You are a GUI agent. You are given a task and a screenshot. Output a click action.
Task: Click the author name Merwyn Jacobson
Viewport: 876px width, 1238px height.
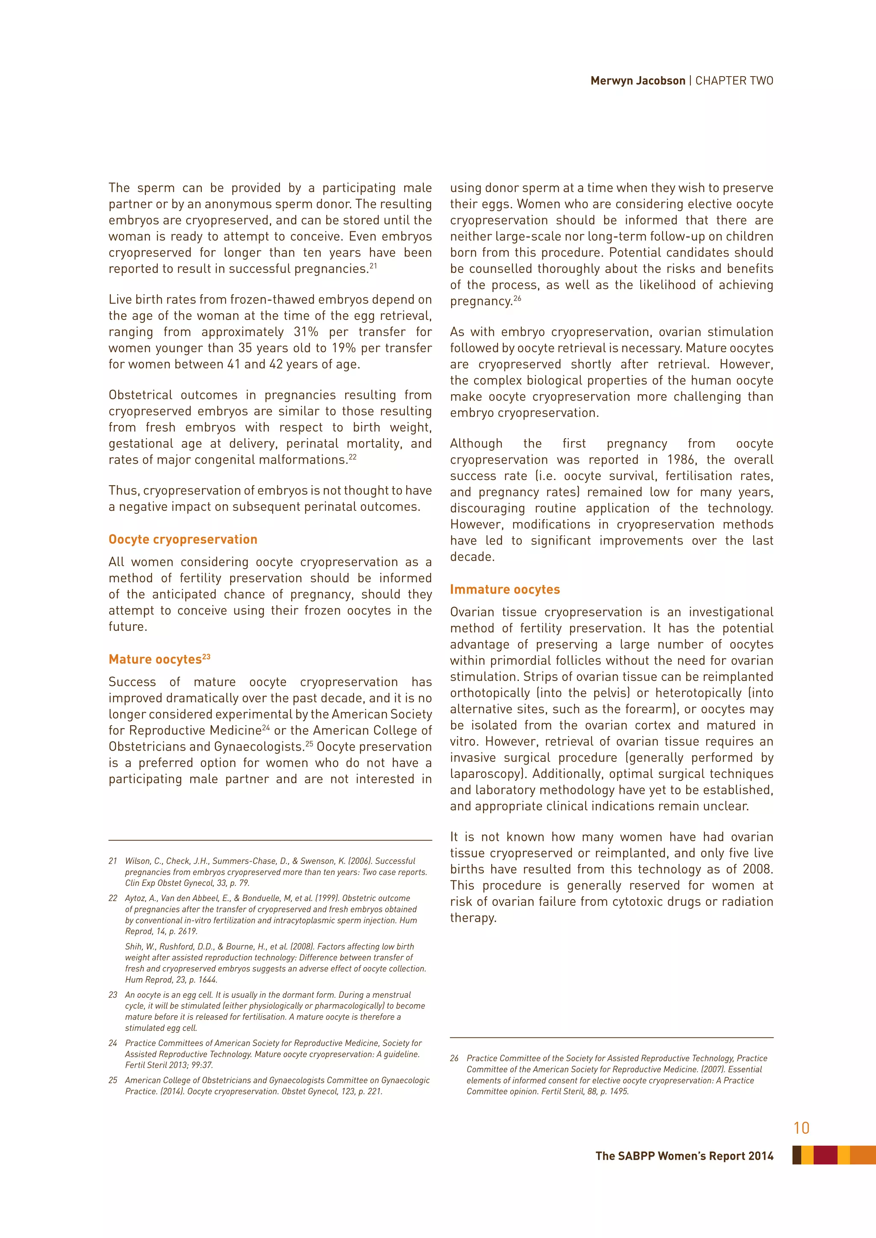click(638, 81)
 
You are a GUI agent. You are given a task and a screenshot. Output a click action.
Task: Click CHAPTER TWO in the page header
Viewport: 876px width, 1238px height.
click(734, 81)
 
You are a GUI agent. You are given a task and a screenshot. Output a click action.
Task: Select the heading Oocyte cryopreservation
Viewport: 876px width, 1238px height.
click(183, 540)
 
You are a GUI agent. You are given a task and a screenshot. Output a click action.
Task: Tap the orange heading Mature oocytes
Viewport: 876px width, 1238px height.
click(155, 660)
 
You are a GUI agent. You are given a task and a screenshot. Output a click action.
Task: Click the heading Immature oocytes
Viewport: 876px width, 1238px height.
click(505, 590)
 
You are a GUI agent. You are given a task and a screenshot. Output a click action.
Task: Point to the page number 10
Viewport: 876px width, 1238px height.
click(801, 1128)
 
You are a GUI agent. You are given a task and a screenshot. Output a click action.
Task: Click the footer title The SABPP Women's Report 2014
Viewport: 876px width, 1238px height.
click(684, 1156)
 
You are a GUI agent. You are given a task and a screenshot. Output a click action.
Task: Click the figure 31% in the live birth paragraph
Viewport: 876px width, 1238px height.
click(306, 332)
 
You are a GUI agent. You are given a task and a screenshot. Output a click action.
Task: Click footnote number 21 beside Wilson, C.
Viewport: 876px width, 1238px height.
click(113, 861)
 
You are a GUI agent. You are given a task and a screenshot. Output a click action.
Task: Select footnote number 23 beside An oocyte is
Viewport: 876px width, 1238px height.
click(113, 995)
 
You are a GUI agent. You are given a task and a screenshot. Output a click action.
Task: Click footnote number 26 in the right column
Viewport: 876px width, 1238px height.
click(454, 1058)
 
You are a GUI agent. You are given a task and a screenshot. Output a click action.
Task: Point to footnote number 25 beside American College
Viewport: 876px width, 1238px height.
click(113, 1080)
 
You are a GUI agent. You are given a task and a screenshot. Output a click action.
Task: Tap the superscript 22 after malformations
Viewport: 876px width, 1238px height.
click(353, 457)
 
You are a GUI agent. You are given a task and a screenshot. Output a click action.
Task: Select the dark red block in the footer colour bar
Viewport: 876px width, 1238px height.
click(825, 1155)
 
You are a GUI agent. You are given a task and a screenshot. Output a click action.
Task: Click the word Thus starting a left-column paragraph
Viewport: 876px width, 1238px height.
click(124, 491)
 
